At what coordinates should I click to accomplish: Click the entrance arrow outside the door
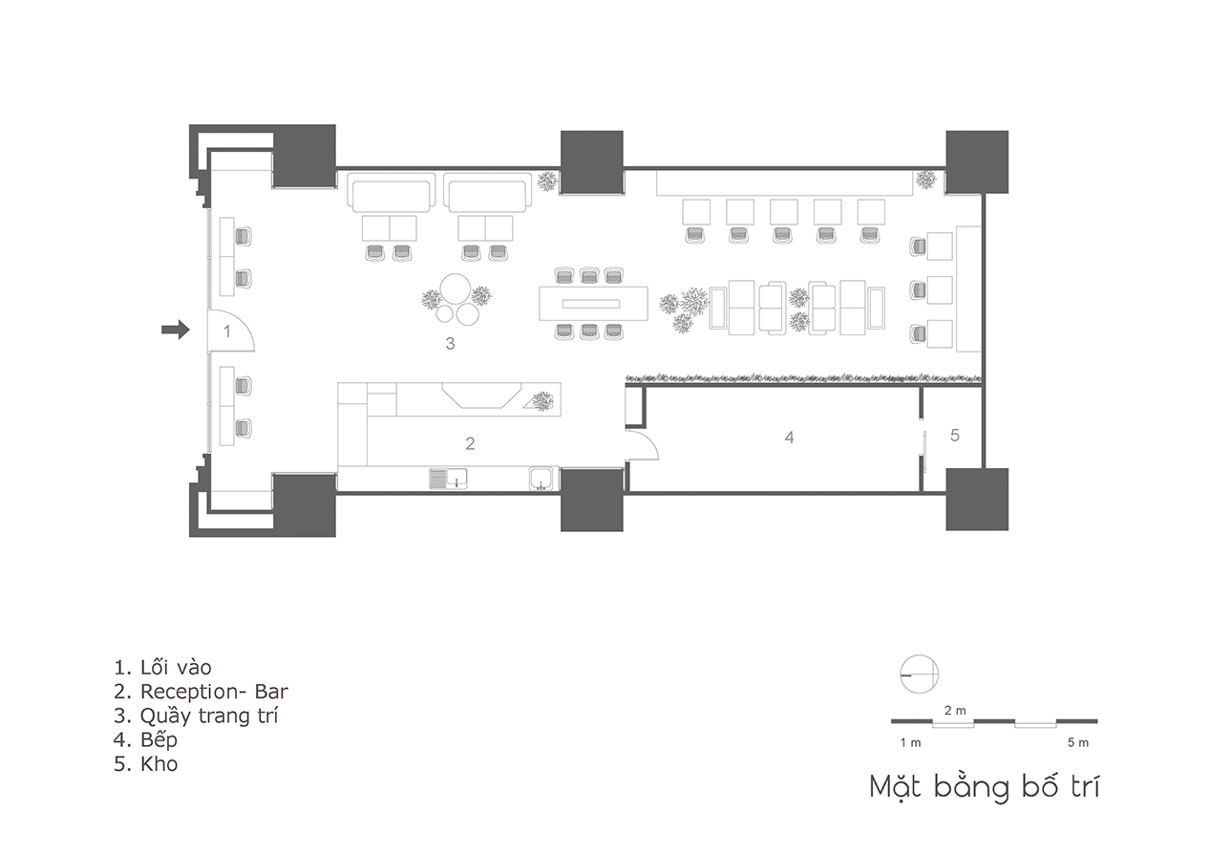tap(176, 330)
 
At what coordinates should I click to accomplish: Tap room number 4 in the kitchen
tap(789, 438)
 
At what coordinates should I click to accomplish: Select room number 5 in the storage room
tap(955, 435)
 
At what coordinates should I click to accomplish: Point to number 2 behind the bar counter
tap(470, 443)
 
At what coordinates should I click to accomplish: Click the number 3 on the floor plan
tap(450, 343)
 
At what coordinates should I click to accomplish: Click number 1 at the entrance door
tap(227, 331)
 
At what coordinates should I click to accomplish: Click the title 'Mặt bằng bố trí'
tap(985, 788)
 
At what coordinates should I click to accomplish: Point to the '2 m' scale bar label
tap(955, 711)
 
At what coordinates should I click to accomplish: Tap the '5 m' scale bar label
tap(1078, 742)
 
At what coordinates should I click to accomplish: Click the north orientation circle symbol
tap(919, 674)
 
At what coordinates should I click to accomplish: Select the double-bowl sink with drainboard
tap(449, 479)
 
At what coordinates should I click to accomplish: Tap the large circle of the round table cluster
tap(455, 289)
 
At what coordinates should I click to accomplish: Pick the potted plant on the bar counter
tap(542, 401)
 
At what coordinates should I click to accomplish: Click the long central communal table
tap(593, 304)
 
